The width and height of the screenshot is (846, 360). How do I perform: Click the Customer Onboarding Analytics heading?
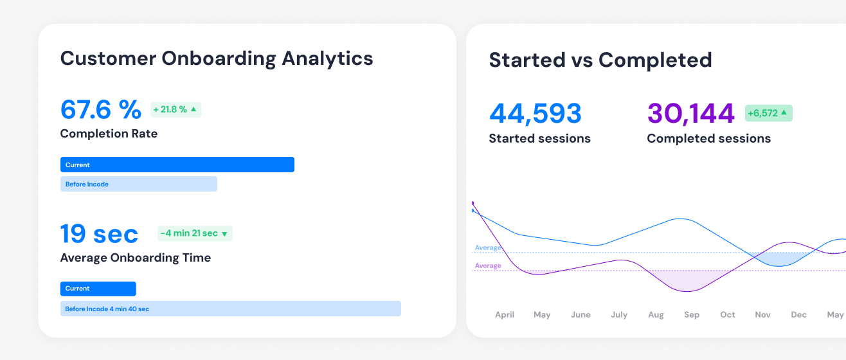tap(217, 59)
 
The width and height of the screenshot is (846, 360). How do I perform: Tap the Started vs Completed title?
tap(600, 60)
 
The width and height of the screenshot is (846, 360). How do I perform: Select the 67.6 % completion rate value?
tap(101, 109)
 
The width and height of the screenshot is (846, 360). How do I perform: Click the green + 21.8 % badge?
tap(175, 109)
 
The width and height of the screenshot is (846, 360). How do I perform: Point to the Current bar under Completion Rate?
tap(177, 165)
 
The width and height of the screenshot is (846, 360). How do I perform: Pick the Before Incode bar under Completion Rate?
tap(139, 184)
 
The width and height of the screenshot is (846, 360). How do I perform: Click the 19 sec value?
tap(99, 233)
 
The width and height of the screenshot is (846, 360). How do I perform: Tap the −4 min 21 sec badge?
tap(195, 233)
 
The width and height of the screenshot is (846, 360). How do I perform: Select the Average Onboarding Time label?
tap(136, 258)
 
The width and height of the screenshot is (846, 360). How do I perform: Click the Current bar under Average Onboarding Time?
tap(98, 289)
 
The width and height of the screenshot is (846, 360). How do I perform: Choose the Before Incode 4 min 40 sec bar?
tap(231, 309)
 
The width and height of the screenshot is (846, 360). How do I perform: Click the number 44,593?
tap(535, 114)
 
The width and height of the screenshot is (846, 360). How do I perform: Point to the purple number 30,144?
tap(691, 114)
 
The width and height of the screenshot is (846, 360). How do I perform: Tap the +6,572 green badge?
tap(769, 113)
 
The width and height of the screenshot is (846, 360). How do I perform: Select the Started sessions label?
tap(539, 138)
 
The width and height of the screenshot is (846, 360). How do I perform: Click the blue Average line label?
tap(488, 248)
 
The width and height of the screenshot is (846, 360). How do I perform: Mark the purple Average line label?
tap(488, 265)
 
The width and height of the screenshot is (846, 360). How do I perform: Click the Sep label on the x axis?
tap(692, 315)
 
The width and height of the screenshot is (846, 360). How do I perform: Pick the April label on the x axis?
tap(505, 315)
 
